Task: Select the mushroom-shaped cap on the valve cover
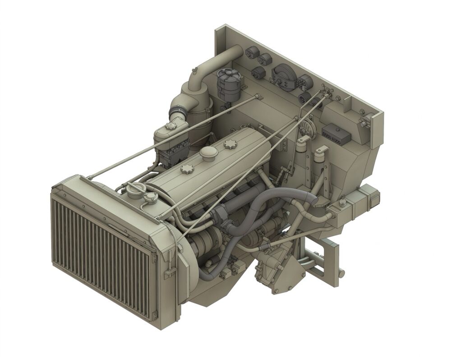[x=209, y=152]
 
